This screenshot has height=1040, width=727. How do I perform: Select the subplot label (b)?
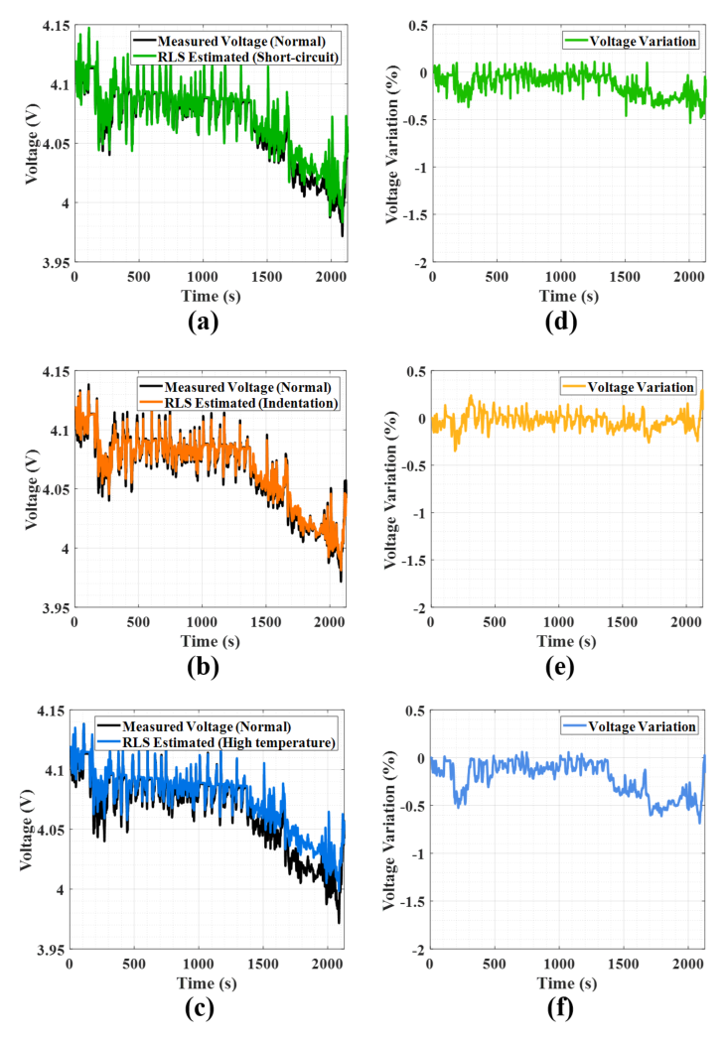click(x=204, y=667)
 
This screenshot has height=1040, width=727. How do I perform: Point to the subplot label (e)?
click(x=560, y=667)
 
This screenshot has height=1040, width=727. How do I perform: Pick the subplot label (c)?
click(x=200, y=1008)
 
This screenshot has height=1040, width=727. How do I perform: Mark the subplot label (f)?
click(x=560, y=1008)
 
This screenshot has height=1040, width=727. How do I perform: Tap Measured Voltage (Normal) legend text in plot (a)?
click(x=241, y=41)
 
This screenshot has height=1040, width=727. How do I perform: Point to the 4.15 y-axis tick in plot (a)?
click(x=56, y=26)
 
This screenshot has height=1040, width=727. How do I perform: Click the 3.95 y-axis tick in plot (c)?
click(x=52, y=950)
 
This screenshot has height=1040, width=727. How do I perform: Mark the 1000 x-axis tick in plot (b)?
click(x=202, y=622)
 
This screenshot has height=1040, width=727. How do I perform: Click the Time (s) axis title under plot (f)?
click(x=567, y=983)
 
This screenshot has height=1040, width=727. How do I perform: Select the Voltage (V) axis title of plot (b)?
click(x=31, y=489)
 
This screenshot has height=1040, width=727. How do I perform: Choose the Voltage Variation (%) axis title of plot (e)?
click(x=390, y=489)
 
